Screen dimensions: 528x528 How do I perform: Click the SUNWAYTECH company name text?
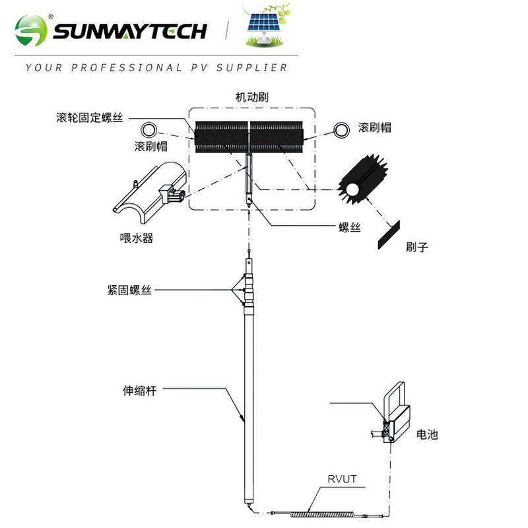129,31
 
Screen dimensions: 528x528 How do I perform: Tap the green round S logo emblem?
31,30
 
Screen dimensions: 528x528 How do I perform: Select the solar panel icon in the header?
265,26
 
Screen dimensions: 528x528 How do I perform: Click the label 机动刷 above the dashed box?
252,97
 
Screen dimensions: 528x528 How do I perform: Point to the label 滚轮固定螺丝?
90,117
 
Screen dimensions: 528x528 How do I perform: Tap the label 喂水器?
137,238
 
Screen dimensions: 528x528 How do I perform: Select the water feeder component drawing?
150,192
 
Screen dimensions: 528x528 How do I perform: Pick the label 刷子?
417,247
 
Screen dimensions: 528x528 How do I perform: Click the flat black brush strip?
389,235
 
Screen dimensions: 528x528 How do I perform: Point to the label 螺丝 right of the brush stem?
350,227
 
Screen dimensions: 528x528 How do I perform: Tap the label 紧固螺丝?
129,290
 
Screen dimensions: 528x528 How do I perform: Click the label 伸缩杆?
140,391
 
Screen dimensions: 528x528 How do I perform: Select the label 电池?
427,434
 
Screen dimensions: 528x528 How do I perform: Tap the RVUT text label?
342,479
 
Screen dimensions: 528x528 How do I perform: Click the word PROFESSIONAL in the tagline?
127,68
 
